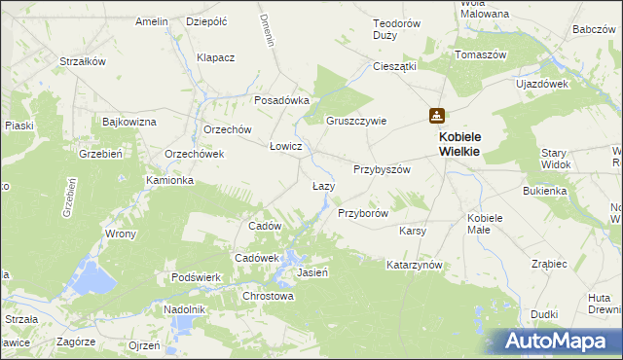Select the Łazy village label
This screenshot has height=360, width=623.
(323, 186)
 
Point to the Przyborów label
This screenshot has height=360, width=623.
(363, 213)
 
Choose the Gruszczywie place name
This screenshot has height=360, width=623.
(356, 122)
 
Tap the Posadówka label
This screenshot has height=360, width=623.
(281, 100)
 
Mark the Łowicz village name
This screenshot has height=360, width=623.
(286, 146)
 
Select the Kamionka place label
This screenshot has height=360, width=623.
(170, 181)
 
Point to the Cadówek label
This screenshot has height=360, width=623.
(257, 257)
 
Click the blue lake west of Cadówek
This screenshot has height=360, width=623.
(95, 277)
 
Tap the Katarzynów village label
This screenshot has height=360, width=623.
(415, 265)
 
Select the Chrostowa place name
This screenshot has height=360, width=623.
(268, 296)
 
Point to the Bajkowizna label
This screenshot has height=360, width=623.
(129, 122)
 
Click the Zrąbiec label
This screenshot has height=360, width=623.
(550, 264)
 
